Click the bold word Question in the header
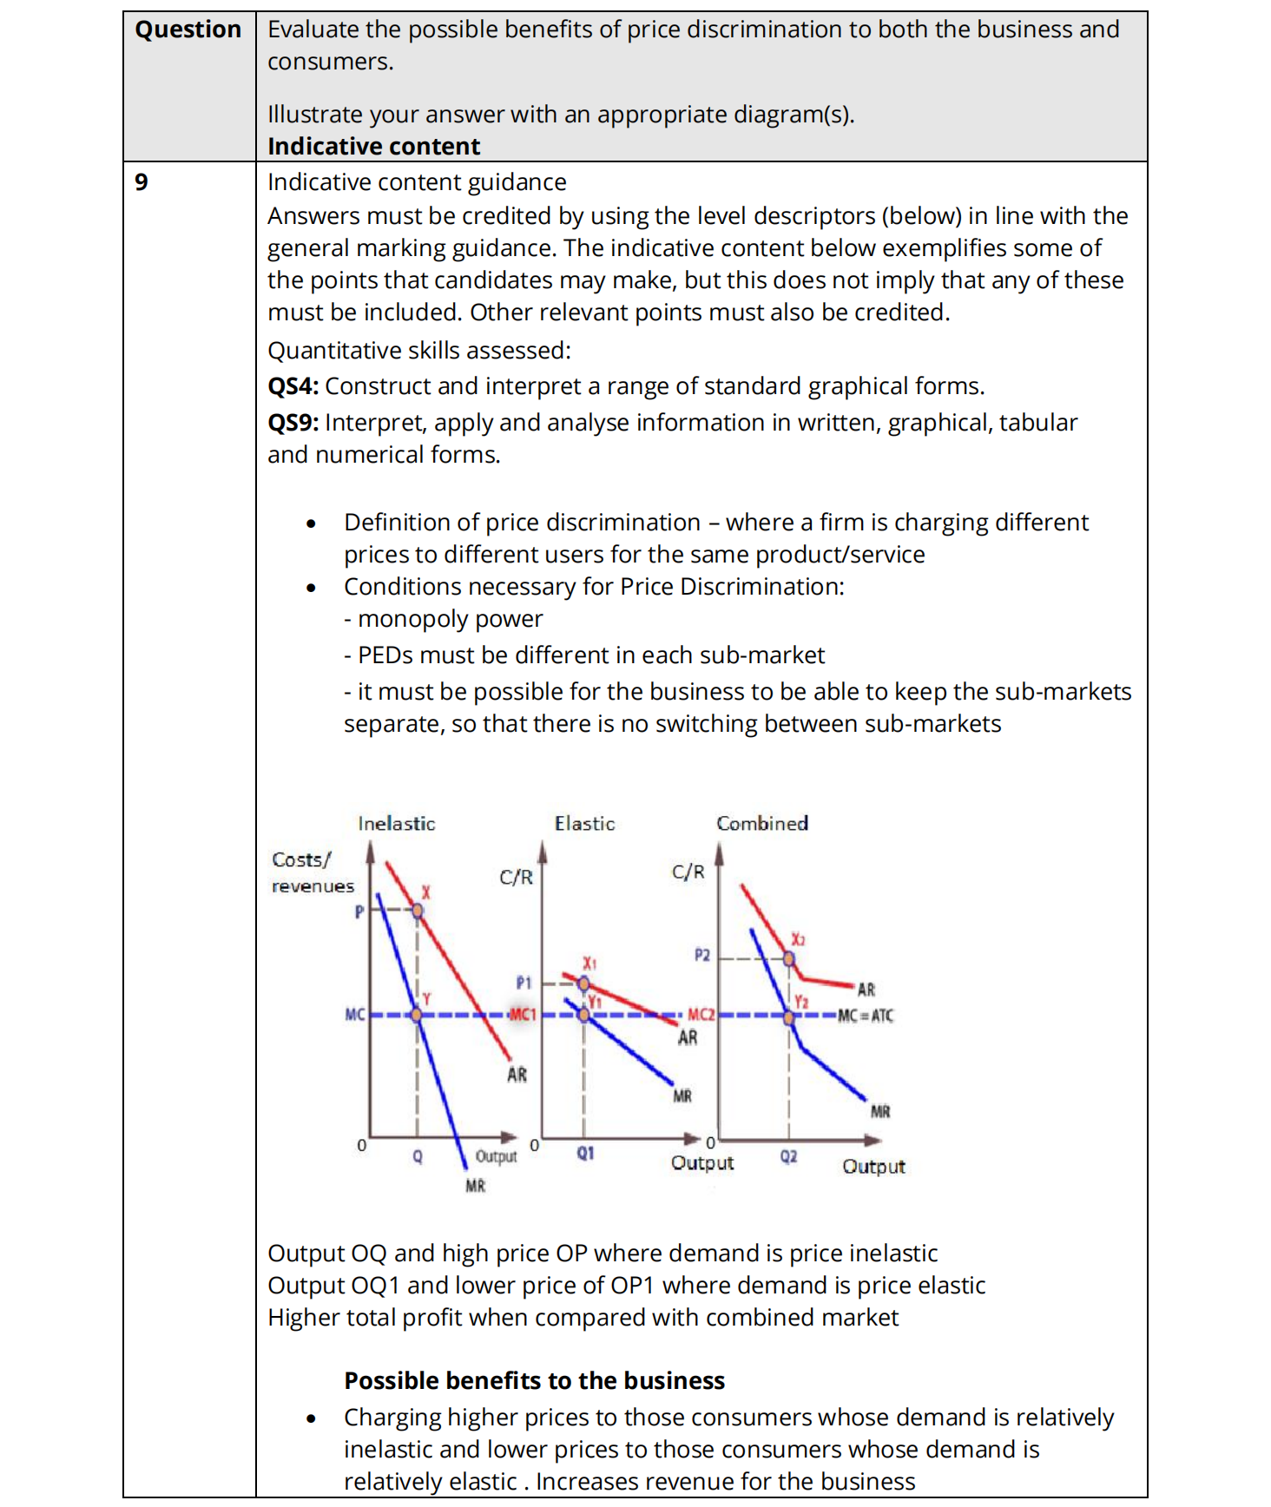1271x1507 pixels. [x=188, y=30]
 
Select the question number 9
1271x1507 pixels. [x=142, y=182]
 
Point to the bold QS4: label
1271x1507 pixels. [x=293, y=386]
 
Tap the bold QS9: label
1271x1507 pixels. [x=293, y=423]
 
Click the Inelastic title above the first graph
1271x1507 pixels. [x=396, y=824]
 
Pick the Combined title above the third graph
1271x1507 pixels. [x=761, y=823]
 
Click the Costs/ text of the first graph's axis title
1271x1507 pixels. [x=300, y=859]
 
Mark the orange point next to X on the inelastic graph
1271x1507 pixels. [x=418, y=911]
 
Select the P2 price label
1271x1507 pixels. [x=701, y=955]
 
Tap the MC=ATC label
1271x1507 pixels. [x=865, y=1016]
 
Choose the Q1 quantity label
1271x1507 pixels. [x=585, y=1153]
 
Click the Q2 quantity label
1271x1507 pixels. [x=788, y=1156]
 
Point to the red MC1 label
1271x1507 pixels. [x=523, y=1014]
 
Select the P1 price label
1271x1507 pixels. [x=524, y=983]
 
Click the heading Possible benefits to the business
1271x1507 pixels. [x=534, y=1380]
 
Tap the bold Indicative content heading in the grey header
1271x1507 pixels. [x=373, y=147]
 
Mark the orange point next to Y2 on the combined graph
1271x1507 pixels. [x=789, y=1017]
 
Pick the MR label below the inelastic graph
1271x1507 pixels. [x=475, y=1186]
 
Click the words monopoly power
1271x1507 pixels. [x=450, y=619]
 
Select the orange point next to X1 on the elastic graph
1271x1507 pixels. [x=584, y=984]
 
